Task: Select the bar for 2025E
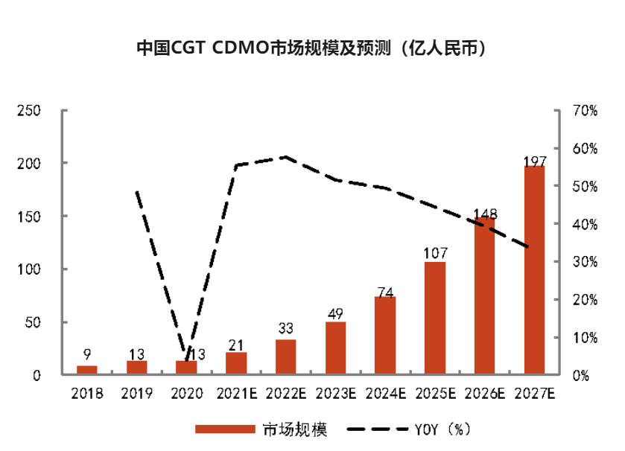pos(434,318)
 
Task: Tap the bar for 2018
pos(87,370)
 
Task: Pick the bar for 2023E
pos(335,348)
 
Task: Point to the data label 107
pos(434,253)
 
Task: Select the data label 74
pos(385,292)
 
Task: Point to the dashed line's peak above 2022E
pos(285,157)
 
